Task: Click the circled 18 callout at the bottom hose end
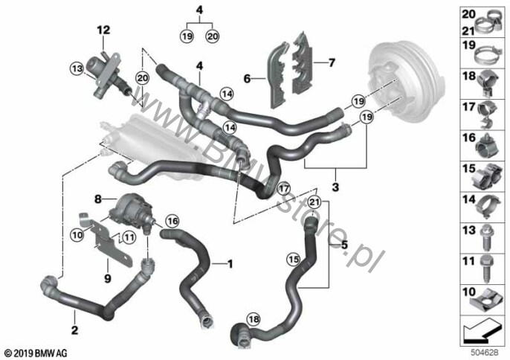click(x=255, y=319)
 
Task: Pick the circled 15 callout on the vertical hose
click(x=294, y=259)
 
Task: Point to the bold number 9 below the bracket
click(x=108, y=279)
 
